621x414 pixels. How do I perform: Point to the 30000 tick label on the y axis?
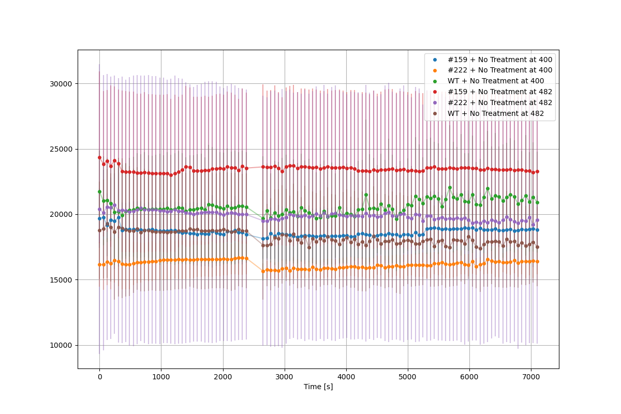(x=62, y=84)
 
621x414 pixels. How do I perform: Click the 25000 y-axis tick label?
(x=62, y=149)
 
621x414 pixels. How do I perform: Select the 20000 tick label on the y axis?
(x=62, y=214)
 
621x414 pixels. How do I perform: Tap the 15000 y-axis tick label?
(x=62, y=280)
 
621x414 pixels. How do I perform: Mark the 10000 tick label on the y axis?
(x=62, y=345)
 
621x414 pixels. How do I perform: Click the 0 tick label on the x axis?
(x=99, y=376)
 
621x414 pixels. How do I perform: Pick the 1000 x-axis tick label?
(x=161, y=376)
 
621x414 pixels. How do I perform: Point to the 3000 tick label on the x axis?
(x=284, y=376)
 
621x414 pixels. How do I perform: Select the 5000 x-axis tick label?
(x=408, y=376)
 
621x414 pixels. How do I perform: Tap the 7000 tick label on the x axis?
(x=531, y=376)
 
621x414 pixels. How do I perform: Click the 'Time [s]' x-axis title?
(x=318, y=387)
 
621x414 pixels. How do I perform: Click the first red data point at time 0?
(x=99, y=157)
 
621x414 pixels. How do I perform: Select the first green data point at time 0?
(x=99, y=191)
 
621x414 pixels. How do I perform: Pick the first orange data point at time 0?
(x=99, y=264)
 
